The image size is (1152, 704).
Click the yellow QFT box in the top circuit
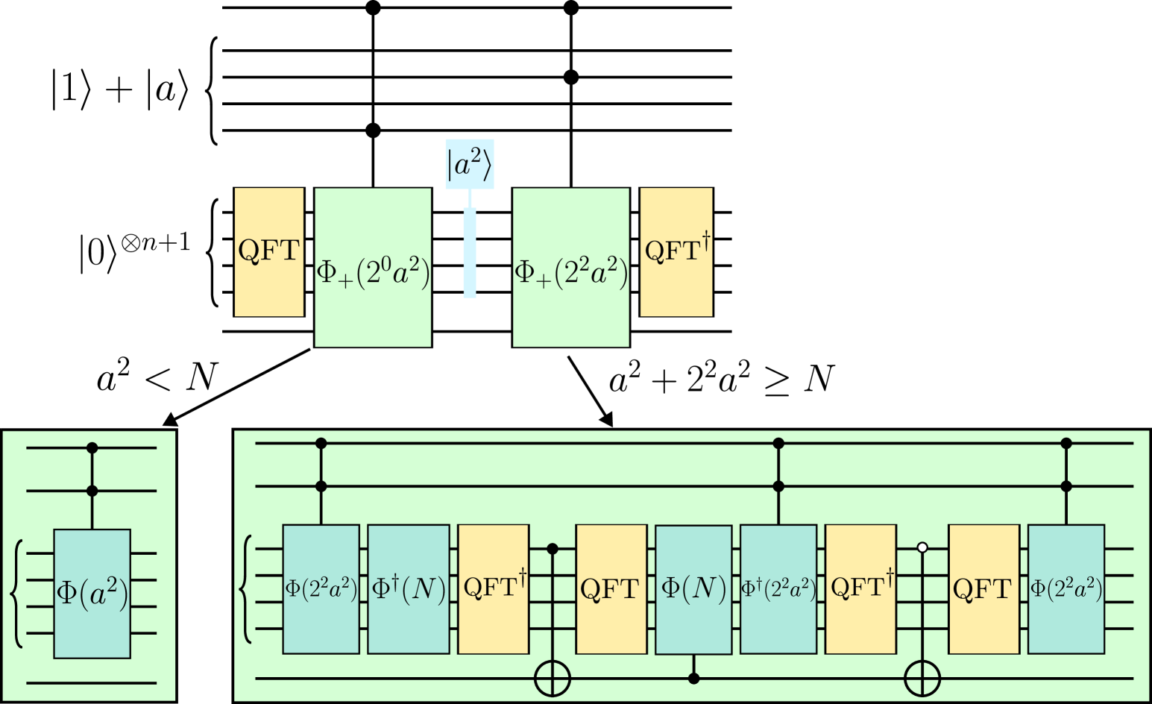coord(268,252)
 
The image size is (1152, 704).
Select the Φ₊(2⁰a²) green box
coord(373,267)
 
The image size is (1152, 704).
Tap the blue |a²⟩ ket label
coord(470,164)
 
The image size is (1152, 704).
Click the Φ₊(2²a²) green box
coord(570,267)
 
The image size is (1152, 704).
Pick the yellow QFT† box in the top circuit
coord(676,252)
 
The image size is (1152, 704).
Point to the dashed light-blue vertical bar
coord(470,253)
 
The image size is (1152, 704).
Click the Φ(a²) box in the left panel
coord(92,594)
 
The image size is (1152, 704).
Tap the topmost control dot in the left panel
coord(92,448)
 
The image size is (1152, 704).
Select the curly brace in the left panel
coord(16,594)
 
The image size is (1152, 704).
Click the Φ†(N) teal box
coord(409,589)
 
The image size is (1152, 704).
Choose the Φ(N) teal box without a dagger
coord(693,589)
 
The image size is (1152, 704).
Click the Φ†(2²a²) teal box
coord(778,589)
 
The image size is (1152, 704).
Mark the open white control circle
coord(922,547)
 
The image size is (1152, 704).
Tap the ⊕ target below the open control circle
coord(922,679)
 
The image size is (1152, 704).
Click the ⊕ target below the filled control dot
coord(553,679)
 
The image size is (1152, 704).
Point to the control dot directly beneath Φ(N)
coord(693,679)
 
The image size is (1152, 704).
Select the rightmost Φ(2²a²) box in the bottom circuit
coord(1066,589)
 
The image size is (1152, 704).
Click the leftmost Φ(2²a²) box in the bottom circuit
coord(321,589)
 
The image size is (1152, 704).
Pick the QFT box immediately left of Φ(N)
coord(611,589)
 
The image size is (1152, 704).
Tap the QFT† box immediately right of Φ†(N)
coord(494,589)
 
